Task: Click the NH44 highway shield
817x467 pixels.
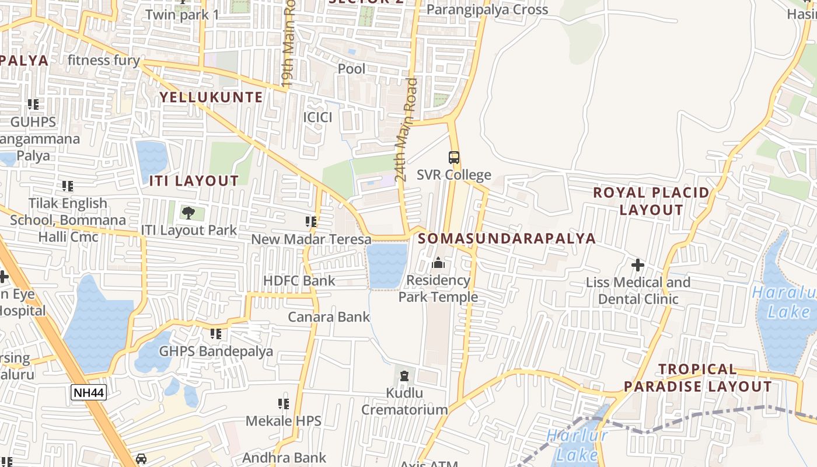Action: pyautogui.click(x=89, y=392)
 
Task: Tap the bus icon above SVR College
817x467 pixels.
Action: pyautogui.click(x=453, y=157)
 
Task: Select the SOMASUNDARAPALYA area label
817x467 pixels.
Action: pyautogui.click(x=507, y=238)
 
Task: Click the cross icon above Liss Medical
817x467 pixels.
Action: pyautogui.click(x=637, y=265)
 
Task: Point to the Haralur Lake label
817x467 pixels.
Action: pyautogui.click(x=784, y=302)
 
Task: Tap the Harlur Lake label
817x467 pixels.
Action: pyautogui.click(x=577, y=445)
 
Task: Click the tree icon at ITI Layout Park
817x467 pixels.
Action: pyautogui.click(x=188, y=212)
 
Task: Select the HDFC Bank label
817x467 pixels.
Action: pyautogui.click(x=299, y=281)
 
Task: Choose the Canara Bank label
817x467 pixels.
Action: pyautogui.click(x=329, y=317)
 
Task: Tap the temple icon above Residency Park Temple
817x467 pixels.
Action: pyautogui.click(x=438, y=263)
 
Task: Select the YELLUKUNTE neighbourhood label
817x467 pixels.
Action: pyautogui.click(x=211, y=97)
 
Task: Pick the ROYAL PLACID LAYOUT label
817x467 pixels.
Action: pyautogui.click(x=651, y=201)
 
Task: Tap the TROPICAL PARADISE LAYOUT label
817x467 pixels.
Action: pyautogui.click(x=697, y=378)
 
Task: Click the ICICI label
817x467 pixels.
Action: pyautogui.click(x=317, y=117)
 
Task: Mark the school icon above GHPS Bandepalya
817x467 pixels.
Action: pyautogui.click(x=216, y=334)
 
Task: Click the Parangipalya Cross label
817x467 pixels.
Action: pyautogui.click(x=487, y=9)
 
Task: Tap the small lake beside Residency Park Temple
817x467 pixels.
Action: pyautogui.click(x=386, y=266)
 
